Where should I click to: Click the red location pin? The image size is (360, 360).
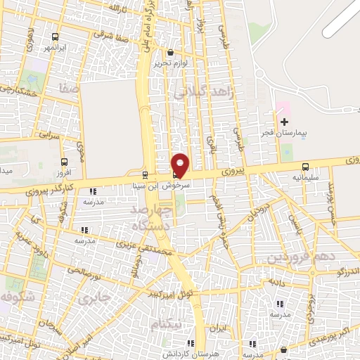[x=180, y=165]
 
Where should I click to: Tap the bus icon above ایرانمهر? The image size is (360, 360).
[x=56, y=37]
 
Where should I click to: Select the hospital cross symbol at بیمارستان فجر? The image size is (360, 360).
[x=284, y=122]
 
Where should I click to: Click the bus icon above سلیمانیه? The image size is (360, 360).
[x=305, y=167]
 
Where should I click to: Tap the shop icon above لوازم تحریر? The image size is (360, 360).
[x=171, y=52]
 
